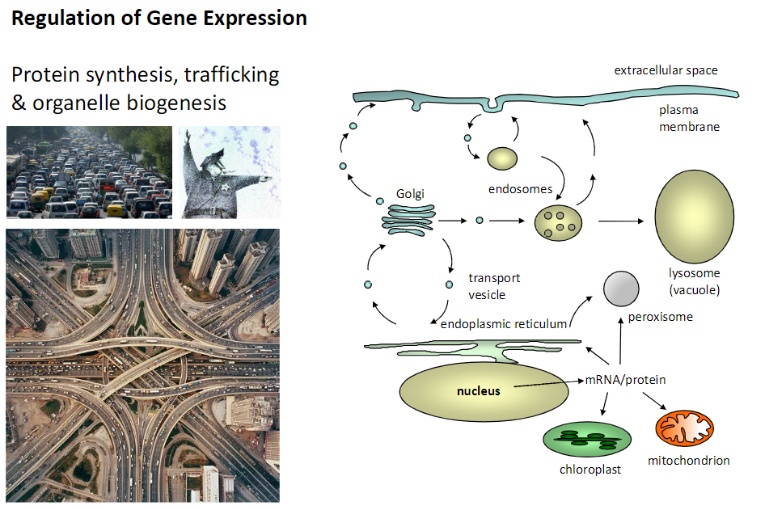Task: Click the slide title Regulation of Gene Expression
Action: (x=159, y=19)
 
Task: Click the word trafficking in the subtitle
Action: (x=231, y=76)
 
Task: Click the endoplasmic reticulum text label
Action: (x=504, y=323)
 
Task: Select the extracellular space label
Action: (x=666, y=70)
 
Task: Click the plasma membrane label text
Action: (x=689, y=118)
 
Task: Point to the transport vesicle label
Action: (x=494, y=286)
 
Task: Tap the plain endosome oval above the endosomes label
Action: (x=502, y=158)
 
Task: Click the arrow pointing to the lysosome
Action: (x=626, y=221)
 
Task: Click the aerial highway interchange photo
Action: (x=142, y=365)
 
